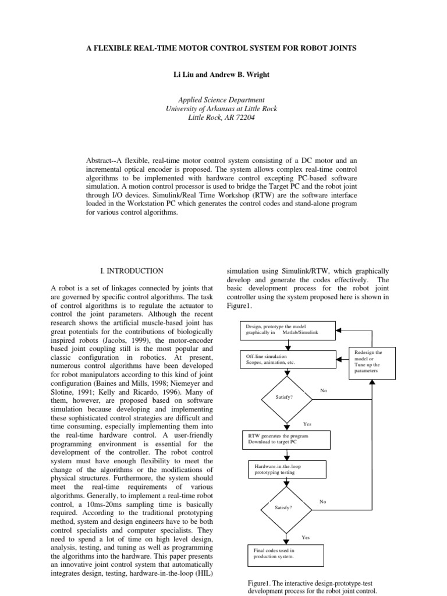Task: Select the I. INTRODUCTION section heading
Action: tap(133, 271)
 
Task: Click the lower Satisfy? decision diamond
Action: tap(283, 507)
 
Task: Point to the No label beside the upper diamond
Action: tap(324, 391)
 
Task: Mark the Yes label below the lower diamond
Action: tap(306, 537)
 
